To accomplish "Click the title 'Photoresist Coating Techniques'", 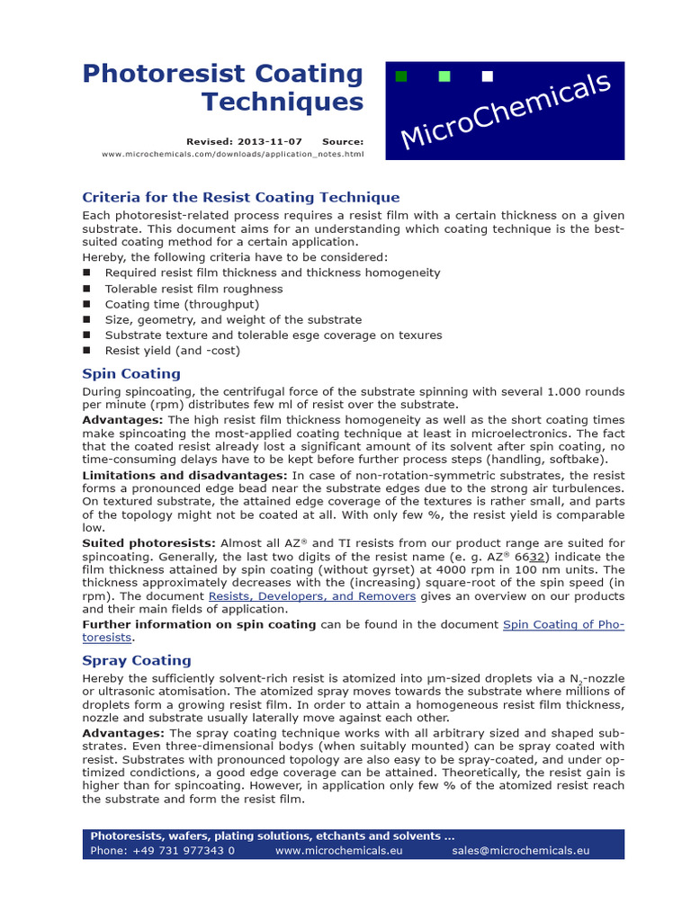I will tap(223, 87).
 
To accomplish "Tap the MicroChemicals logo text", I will tap(506, 112).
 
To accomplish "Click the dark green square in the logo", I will tap(401, 76).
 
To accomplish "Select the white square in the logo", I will tap(488, 76).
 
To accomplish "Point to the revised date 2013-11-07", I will tap(270, 141).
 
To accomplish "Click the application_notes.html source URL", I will tap(233, 154).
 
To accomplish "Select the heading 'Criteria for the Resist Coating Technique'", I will tap(240, 197).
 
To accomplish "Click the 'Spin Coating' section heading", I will tap(131, 373).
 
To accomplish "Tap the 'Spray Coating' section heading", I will tap(137, 660).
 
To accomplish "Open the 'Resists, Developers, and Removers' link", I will tap(312, 595).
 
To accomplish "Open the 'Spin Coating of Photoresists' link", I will tap(563, 624).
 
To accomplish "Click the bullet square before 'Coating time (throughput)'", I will tap(86, 304).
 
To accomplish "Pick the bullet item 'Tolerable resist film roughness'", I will tap(193, 289).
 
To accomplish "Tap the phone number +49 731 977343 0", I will tap(163, 850).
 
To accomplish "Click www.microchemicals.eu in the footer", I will tap(338, 850).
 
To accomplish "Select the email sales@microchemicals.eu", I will tap(520, 850).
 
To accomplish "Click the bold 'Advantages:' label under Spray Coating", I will tap(122, 732).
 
